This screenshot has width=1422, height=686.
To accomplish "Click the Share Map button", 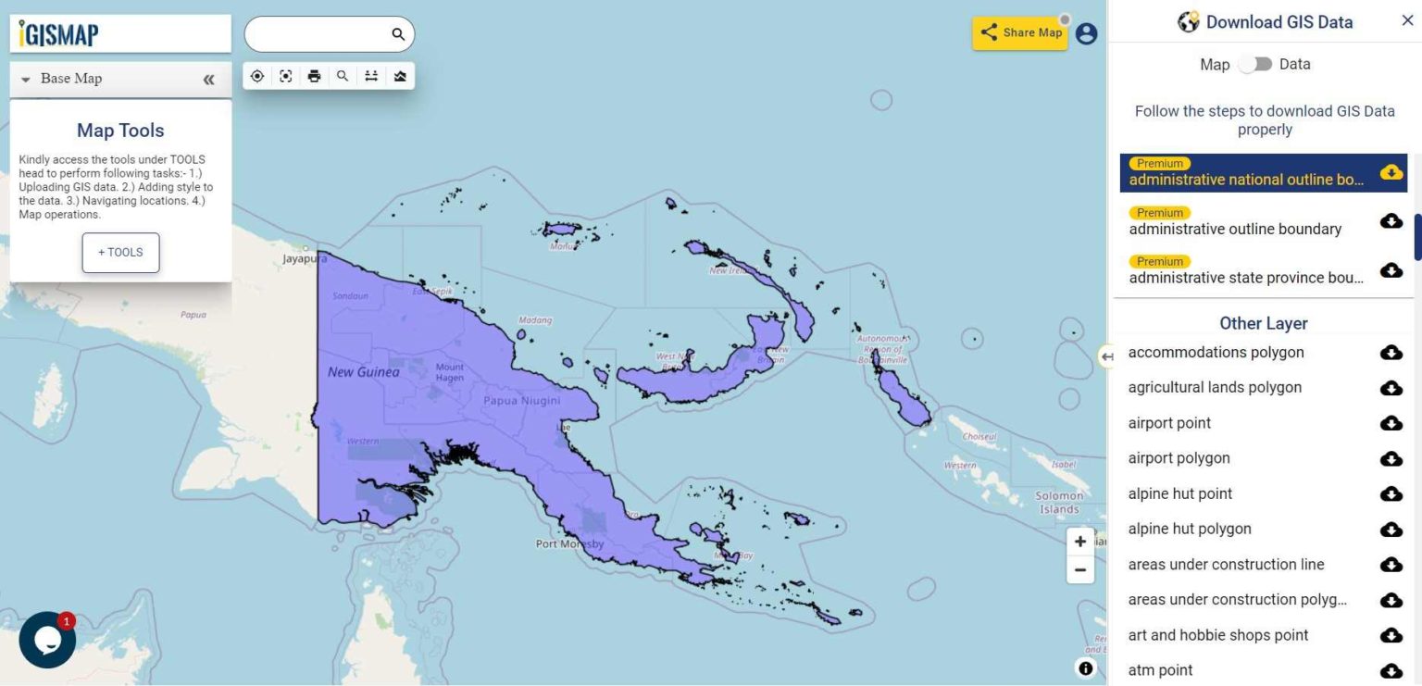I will click(1020, 32).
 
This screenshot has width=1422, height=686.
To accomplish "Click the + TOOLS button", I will click(120, 253).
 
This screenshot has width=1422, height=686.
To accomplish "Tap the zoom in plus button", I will click(1079, 542).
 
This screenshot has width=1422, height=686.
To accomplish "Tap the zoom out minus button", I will click(1079, 570).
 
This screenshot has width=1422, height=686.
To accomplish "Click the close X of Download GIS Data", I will click(1407, 21).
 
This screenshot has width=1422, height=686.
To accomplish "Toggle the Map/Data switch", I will click(1254, 64).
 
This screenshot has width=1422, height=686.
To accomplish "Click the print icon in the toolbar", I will click(314, 76).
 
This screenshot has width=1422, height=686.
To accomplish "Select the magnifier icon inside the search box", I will click(398, 34).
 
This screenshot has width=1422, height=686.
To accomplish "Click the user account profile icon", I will click(1086, 33).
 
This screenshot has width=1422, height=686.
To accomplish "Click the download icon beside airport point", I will click(1391, 423).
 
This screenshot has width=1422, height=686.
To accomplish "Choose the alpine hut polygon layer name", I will click(1190, 529).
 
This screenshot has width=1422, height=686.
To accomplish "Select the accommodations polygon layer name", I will click(1216, 352).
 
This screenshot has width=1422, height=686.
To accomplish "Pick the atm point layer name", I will click(1160, 670).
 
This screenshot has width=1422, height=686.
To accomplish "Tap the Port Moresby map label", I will click(569, 544).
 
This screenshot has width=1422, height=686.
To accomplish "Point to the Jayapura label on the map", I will click(306, 259).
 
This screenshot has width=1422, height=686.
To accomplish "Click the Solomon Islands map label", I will click(1059, 503).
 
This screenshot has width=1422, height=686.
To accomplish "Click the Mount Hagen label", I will click(449, 372).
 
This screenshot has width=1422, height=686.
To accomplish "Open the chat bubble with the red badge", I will click(47, 640).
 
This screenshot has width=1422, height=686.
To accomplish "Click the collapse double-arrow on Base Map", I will click(208, 80).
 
